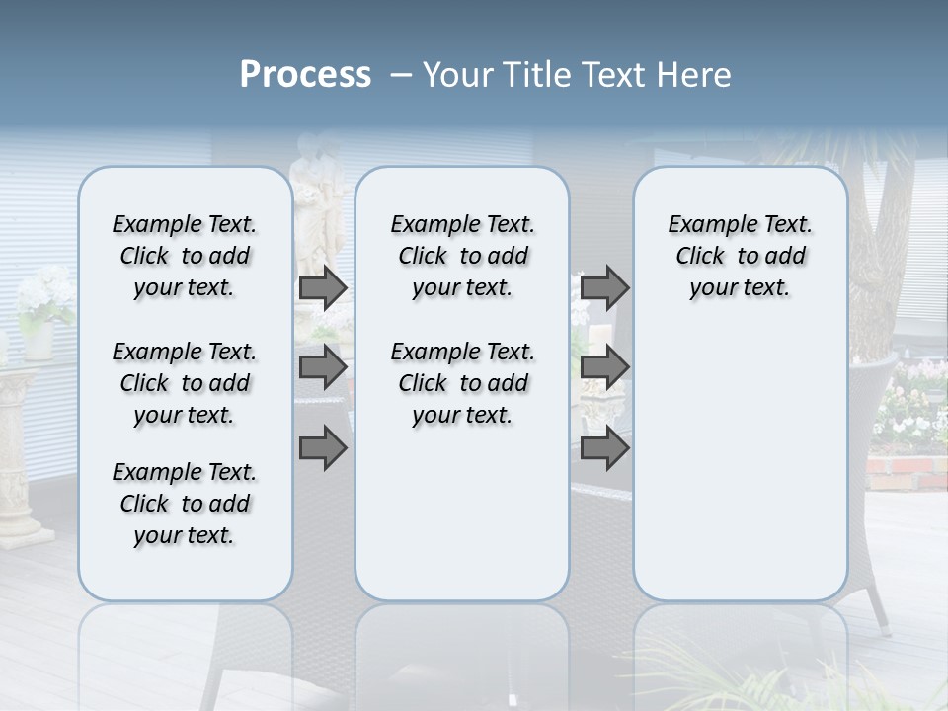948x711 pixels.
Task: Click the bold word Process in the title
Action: tap(305, 75)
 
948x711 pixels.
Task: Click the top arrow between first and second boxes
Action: tap(323, 287)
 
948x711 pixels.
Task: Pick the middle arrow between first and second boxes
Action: tap(323, 367)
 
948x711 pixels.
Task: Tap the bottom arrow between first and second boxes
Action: tap(323, 448)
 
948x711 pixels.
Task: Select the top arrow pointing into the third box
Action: tap(604, 287)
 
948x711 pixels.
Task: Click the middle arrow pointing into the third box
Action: tap(604, 367)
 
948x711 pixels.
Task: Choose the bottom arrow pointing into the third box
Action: tap(604, 448)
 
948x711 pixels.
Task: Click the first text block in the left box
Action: tap(185, 256)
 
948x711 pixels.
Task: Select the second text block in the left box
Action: tap(185, 383)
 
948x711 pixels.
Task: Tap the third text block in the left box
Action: tap(185, 504)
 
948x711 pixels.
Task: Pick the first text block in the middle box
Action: tap(462, 256)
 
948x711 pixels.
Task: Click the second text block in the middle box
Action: tap(462, 383)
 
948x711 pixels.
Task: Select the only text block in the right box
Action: tap(740, 256)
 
